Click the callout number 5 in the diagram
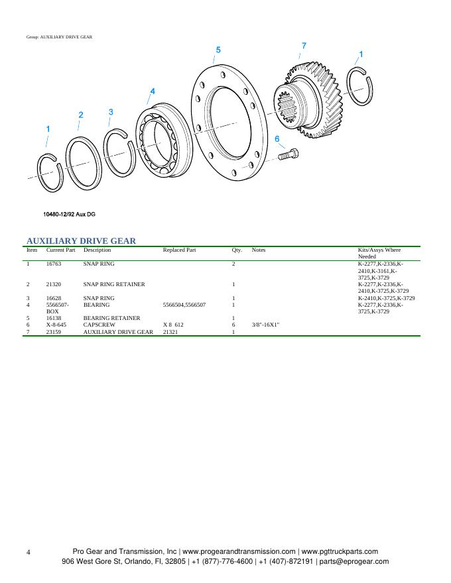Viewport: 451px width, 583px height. coord(218,50)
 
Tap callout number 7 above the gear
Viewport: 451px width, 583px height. coord(304,46)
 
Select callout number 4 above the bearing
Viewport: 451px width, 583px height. coord(153,91)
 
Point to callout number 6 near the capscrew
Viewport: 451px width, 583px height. coord(277,139)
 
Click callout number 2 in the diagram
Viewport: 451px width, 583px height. coord(81,115)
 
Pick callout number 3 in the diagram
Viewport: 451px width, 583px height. coord(111,112)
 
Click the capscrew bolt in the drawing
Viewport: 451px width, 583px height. coord(287,155)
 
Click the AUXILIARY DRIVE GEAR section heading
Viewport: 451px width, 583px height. coord(81,240)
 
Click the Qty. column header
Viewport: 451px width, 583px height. coord(237,250)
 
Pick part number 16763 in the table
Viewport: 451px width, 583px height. coord(54,264)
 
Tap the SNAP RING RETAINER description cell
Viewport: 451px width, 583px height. coord(114,284)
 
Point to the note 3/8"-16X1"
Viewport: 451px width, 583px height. coord(266,325)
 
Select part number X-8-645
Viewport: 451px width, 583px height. coord(56,325)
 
